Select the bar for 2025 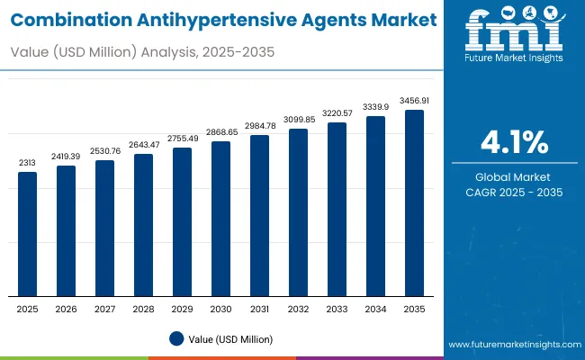coord(28,234)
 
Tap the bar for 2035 coord(414,203)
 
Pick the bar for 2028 coord(144,225)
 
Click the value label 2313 coord(28,163)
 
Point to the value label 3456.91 coord(414,101)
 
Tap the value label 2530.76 coord(105,150)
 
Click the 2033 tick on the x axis coord(337,308)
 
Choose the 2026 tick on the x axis coord(67,308)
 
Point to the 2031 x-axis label coord(259,308)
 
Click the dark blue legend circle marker coord(177,338)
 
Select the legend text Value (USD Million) coord(231,338)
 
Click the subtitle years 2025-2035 coord(237,53)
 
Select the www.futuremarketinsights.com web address coord(514,345)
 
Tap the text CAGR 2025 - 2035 coord(514,193)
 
